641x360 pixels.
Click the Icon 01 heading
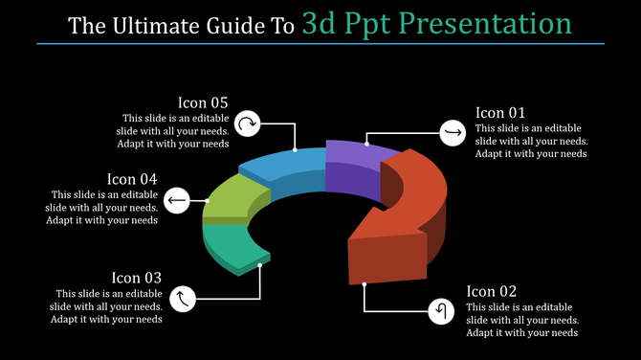pos(500,112)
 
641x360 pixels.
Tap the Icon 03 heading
pos(136,278)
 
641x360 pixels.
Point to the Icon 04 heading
pos(132,178)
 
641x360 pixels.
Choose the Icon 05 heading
pos(203,102)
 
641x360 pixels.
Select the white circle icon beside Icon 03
pos(183,300)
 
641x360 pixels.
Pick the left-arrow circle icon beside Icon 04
pos(176,199)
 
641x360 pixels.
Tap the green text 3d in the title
pos(317,22)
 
